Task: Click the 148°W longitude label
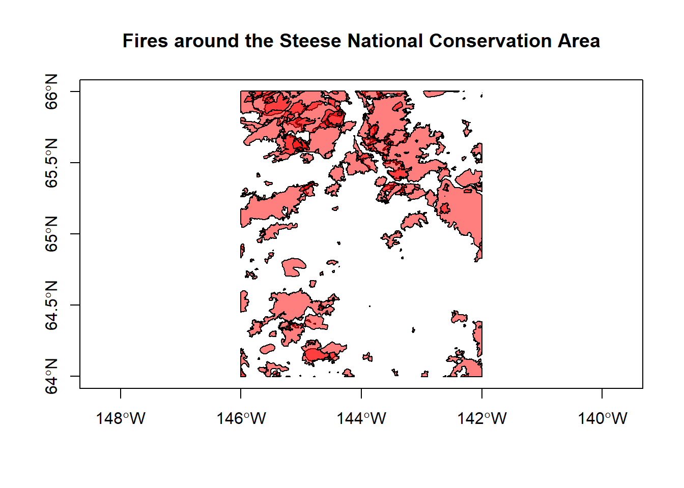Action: point(121,418)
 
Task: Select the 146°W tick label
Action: point(241,418)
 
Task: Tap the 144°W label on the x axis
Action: point(361,418)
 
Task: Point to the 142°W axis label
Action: point(482,418)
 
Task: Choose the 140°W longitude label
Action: point(602,418)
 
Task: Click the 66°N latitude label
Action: point(52,91)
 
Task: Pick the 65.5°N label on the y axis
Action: point(52,163)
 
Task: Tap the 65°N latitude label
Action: point(52,234)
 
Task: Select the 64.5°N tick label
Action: point(52,305)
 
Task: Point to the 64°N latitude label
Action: point(52,376)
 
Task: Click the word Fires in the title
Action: point(145,41)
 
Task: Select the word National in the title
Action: point(386,41)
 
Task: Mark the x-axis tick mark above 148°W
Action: point(121,393)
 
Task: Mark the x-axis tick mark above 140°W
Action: point(602,393)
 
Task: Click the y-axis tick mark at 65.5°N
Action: point(75,163)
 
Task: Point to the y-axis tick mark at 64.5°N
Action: point(75,305)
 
